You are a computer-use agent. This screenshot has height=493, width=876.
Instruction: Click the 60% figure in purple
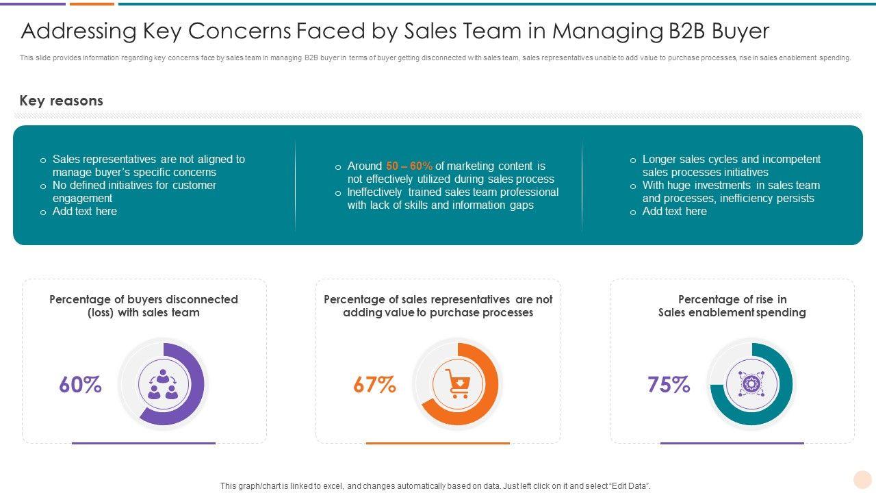coord(80,385)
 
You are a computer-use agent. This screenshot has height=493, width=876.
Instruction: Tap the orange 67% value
coord(374,385)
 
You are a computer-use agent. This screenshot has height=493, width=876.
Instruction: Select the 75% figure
coord(669,385)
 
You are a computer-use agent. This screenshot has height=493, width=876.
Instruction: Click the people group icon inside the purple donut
coord(163,384)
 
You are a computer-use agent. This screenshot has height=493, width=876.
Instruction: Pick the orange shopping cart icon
coord(458,384)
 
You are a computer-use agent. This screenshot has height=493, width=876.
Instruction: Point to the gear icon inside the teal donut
coord(751,384)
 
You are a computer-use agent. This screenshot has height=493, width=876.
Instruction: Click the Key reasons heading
coord(62,101)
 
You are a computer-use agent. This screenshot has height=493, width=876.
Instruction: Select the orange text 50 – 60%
coord(409,166)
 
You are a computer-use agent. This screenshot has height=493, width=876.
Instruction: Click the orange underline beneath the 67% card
coord(438,443)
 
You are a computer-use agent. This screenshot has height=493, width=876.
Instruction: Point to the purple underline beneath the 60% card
coord(144,443)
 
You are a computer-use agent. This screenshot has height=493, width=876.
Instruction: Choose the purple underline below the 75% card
coord(732,443)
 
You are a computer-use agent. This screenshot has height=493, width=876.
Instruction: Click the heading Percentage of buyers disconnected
coord(144,299)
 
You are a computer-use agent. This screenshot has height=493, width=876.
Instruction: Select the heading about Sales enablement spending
coord(732,312)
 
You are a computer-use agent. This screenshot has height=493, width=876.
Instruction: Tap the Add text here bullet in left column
coord(85,212)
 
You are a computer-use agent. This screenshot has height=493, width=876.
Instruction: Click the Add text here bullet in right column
coord(675,212)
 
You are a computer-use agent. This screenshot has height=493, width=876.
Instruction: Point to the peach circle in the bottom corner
coord(862,479)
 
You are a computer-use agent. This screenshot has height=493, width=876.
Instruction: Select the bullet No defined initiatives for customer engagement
coord(134,192)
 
